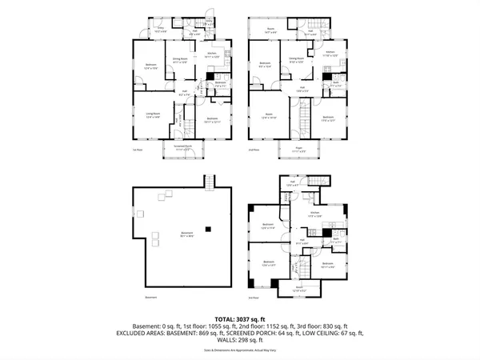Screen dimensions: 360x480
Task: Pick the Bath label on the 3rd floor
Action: point(337,239)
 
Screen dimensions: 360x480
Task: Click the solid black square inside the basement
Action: point(207,229)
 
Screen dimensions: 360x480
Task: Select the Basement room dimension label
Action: point(186,235)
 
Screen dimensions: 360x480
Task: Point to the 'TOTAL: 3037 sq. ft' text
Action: point(240,316)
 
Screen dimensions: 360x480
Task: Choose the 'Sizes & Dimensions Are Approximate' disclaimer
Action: point(240,350)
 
